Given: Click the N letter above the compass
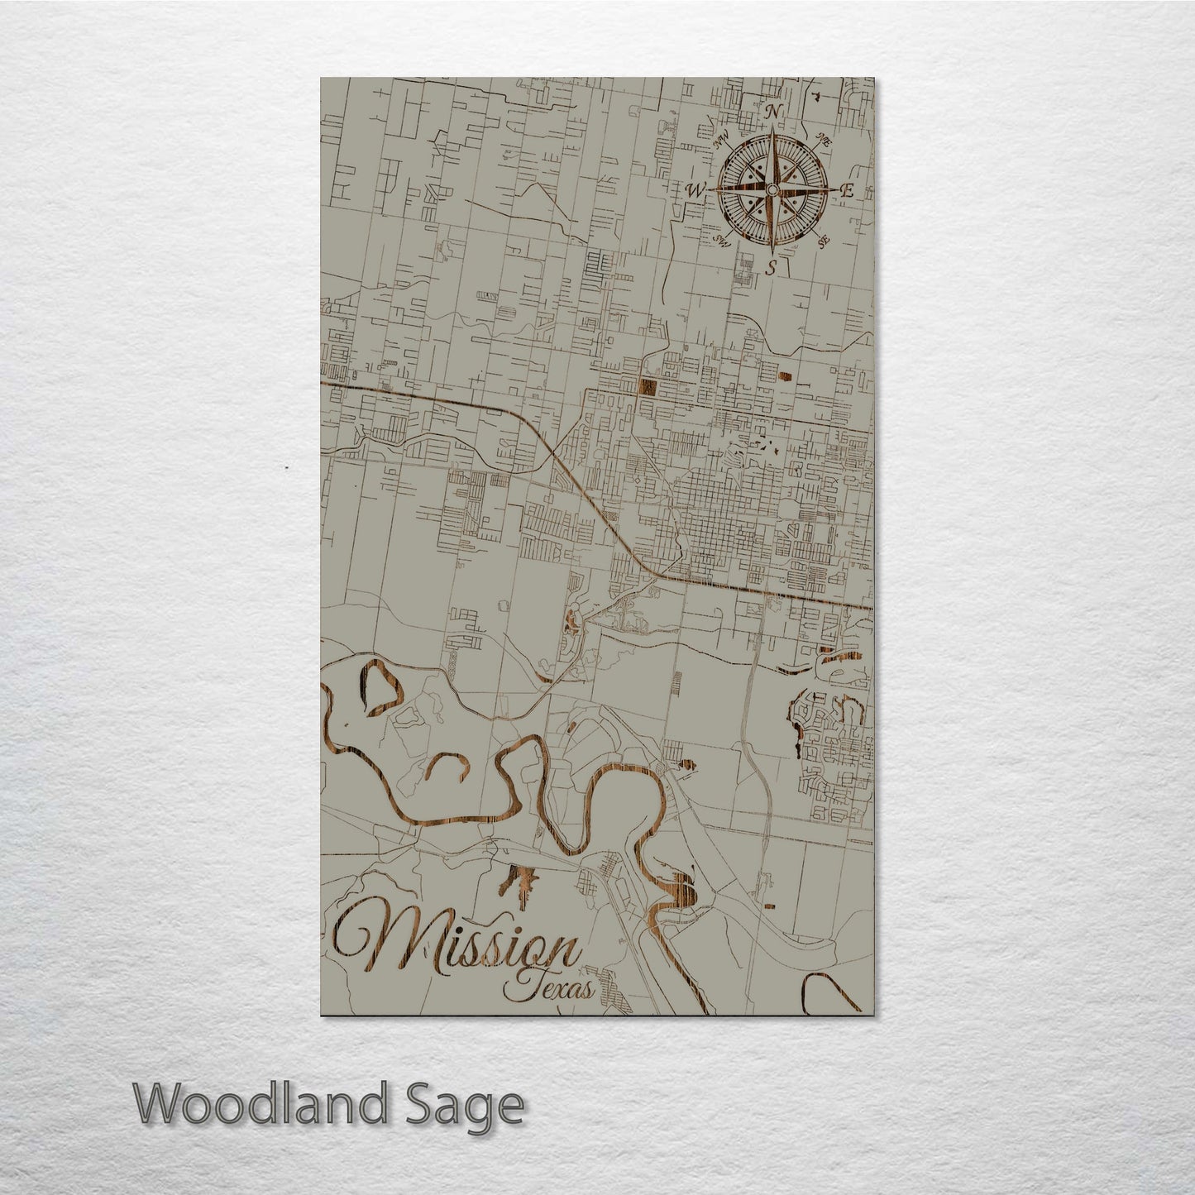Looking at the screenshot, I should (774, 112).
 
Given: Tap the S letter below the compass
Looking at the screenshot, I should (771, 267).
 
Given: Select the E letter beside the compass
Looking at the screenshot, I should (846, 190).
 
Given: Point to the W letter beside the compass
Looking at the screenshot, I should (694, 190).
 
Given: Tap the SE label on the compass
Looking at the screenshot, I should (823, 241).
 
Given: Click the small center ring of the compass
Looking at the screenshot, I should (771, 190).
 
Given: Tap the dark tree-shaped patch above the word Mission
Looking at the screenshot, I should (519, 879).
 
